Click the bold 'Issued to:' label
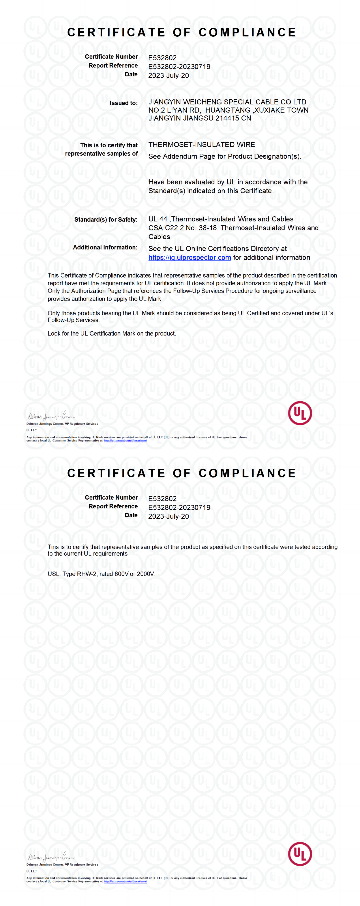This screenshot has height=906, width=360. (x=123, y=103)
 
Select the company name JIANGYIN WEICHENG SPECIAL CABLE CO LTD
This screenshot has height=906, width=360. (x=227, y=102)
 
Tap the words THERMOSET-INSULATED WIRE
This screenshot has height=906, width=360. (x=201, y=145)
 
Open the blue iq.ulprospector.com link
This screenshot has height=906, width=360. (x=189, y=257)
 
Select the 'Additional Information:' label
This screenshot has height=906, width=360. (x=105, y=247)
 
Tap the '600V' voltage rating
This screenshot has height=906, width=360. (x=122, y=574)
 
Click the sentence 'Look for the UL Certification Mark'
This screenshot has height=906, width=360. (x=111, y=333)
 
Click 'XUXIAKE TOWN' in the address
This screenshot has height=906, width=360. (x=281, y=110)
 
